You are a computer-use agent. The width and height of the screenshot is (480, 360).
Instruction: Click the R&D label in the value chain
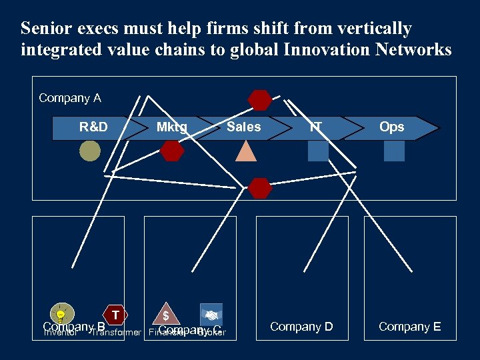(93, 127)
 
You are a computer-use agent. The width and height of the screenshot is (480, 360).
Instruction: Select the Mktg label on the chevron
(171, 127)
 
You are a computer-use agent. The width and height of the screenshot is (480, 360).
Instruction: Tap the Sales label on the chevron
(243, 127)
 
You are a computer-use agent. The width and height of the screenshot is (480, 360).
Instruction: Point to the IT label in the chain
(315, 127)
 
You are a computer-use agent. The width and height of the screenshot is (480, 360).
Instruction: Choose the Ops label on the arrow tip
(391, 127)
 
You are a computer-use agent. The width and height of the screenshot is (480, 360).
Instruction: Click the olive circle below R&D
(90, 151)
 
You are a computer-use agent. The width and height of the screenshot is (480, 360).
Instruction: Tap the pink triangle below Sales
(246, 152)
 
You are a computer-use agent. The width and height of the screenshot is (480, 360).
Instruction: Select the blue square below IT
(318, 151)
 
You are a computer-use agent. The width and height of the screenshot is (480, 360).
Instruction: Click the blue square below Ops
(394, 151)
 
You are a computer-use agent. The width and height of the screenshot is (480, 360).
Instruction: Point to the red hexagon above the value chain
(259, 100)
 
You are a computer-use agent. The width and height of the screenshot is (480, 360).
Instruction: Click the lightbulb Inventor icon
(61, 313)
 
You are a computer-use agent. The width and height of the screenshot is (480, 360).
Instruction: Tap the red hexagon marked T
(116, 314)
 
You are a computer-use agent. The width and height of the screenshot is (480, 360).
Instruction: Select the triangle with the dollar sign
(167, 313)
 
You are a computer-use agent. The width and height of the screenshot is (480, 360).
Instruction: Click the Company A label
(70, 98)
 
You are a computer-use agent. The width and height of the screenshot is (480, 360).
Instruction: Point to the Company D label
(301, 327)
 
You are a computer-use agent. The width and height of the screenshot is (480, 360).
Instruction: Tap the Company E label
(409, 327)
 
